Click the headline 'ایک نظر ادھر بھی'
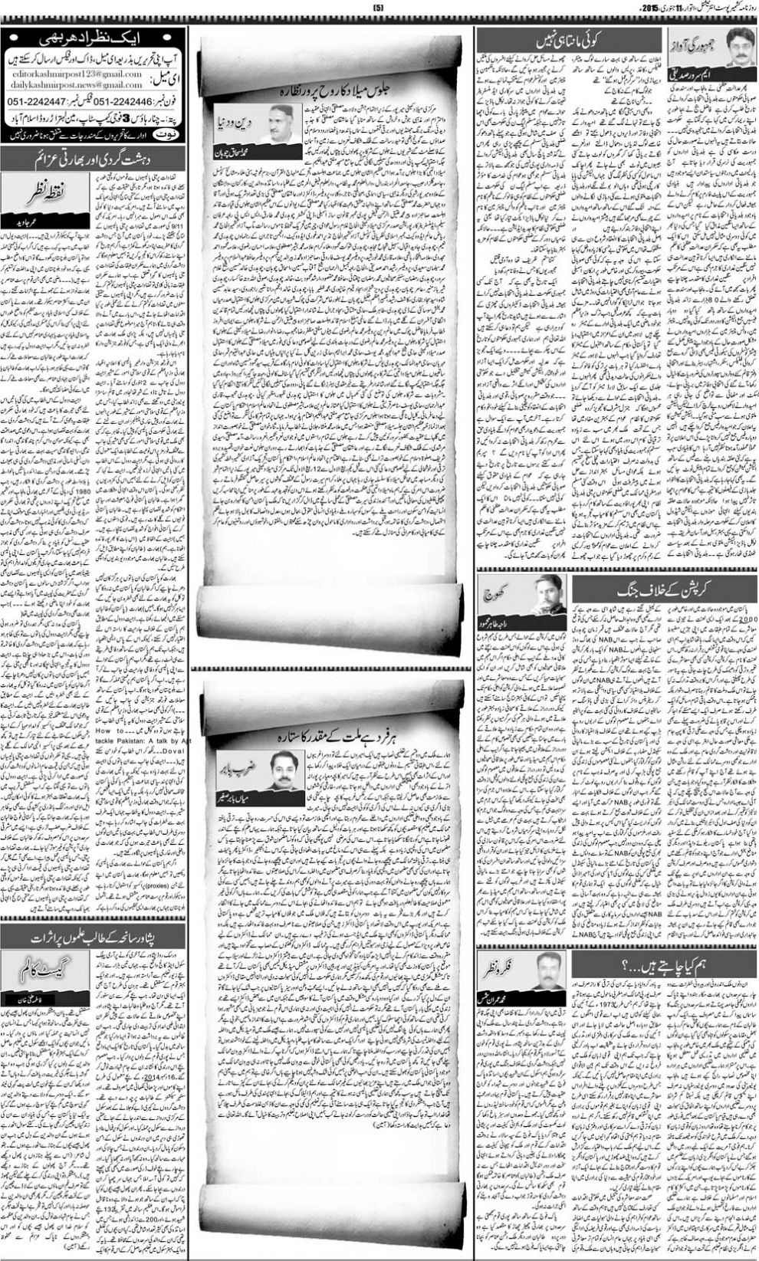(x=97, y=37)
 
